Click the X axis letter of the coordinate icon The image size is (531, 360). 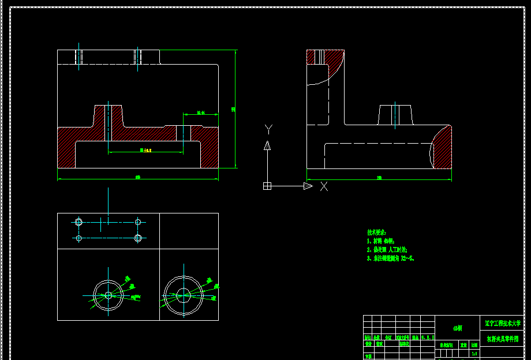click(324, 186)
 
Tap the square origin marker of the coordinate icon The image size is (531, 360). click(267, 186)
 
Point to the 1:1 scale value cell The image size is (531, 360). click(474, 354)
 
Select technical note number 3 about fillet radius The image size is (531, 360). click(391, 259)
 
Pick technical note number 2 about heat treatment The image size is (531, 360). click(387, 250)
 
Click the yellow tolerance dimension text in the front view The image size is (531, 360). click(145, 150)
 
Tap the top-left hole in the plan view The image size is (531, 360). click(79, 222)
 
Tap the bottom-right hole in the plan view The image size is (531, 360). click(138, 238)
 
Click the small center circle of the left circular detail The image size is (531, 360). click(109, 295)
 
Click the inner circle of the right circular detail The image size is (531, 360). click(184, 295)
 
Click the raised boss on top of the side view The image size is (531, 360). click(395, 114)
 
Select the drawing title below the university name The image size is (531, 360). click(503, 339)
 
